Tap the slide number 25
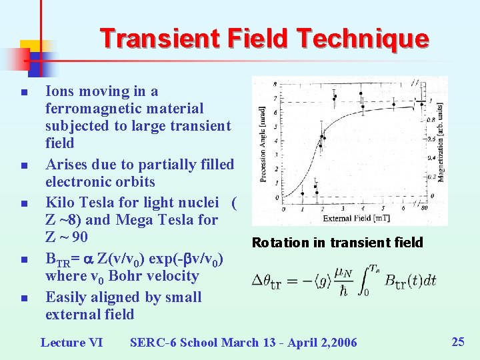(458, 342)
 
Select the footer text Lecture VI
(71, 343)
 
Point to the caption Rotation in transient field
(337, 243)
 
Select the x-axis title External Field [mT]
(355, 218)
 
